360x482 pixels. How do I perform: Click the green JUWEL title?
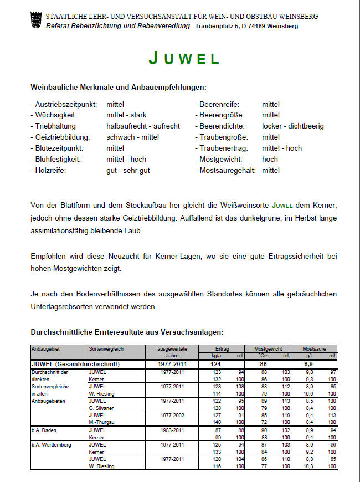coord(184,58)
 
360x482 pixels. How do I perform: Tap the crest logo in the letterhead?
coord(37,20)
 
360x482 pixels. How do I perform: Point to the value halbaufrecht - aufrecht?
coord(143,126)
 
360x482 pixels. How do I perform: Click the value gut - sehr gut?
coord(128,170)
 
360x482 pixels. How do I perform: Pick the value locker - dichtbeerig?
coord(292,126)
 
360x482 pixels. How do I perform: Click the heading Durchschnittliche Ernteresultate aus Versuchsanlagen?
coord(127,332)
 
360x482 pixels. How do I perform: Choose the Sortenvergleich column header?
coord(105,349)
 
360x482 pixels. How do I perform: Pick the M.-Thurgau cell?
coord(101,421)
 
